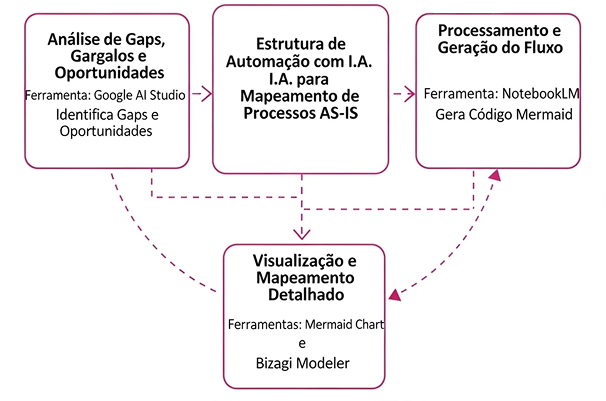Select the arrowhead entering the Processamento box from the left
pos(410,94)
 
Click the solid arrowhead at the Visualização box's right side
pos(395,293)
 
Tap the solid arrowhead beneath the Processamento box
pos(493,174)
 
